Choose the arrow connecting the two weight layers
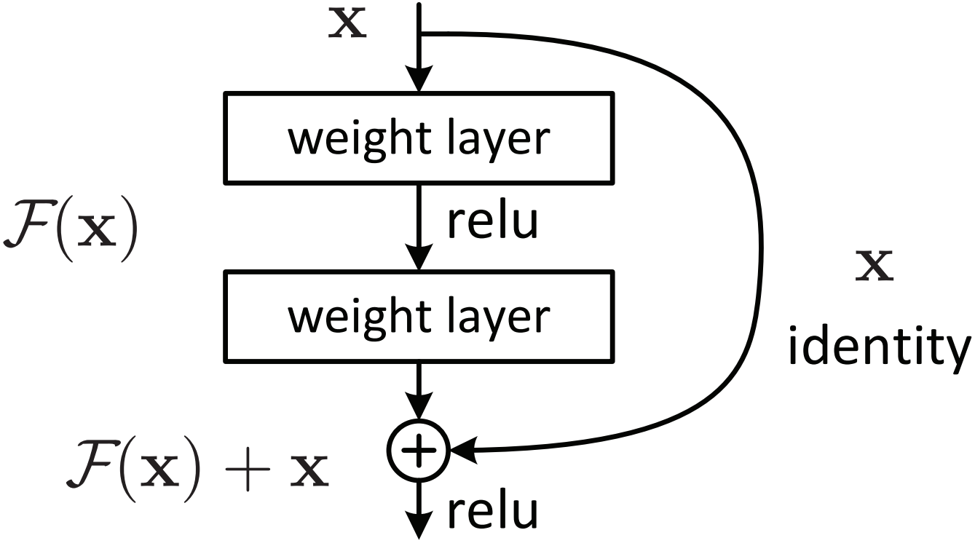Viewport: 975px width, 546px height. click(419, 226)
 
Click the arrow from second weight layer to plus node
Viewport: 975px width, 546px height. click(419, 393)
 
